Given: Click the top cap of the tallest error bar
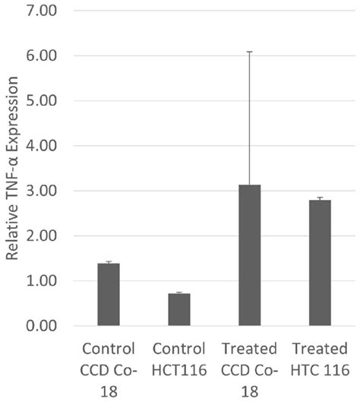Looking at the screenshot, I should click(x=250, y=52).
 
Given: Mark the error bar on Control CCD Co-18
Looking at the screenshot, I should click(x=108, y=262).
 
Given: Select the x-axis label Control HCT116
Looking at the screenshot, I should click(x=179, y=359).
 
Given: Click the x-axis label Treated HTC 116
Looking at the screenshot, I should click(x=320, y=359).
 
